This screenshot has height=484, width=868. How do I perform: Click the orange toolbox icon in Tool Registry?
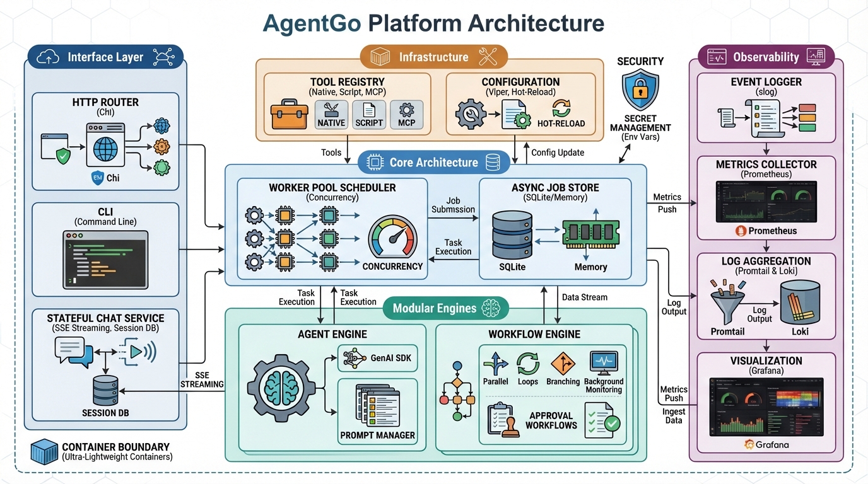290,115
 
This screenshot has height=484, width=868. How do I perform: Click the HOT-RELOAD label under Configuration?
561,124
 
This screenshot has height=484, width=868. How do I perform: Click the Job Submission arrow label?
453,205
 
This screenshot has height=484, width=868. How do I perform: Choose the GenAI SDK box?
377,358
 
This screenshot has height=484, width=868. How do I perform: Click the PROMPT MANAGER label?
377,435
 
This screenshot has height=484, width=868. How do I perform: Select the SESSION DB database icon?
107,391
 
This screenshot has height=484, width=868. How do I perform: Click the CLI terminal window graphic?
105,258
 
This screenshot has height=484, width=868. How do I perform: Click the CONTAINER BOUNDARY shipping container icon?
44,452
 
